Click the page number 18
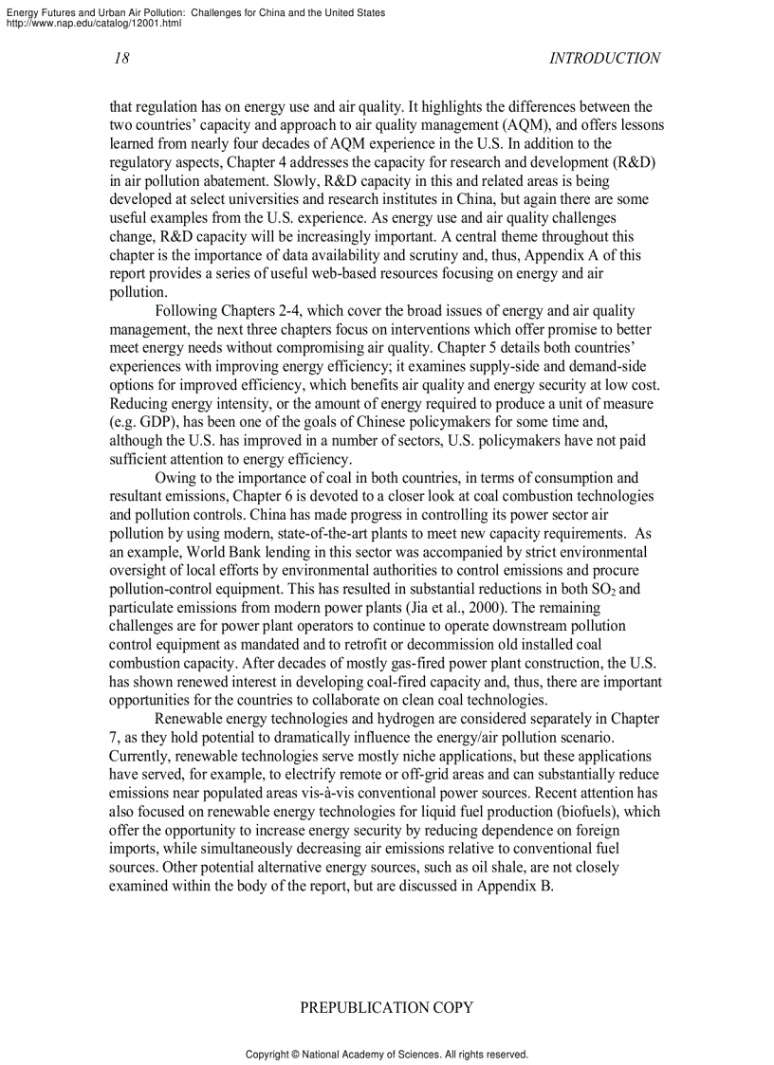click(121, 58)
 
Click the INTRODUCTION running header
click(604, 58)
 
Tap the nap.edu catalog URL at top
click(93, 23)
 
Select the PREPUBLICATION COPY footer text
click(386, 1007)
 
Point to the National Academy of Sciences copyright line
click(386, 1054)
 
